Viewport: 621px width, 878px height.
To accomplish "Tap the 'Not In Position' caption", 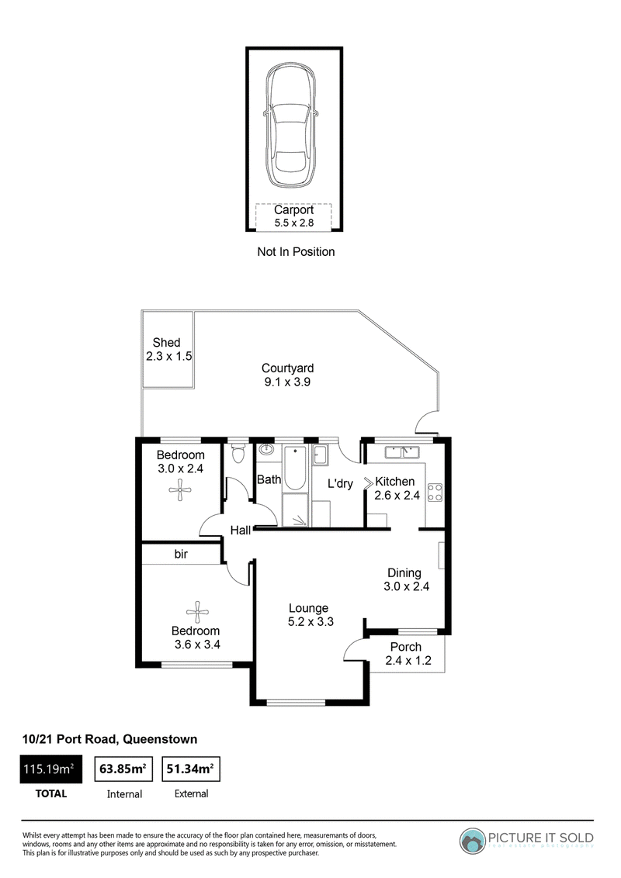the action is tap(296, 252).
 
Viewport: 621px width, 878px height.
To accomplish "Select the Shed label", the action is tap(166, 342).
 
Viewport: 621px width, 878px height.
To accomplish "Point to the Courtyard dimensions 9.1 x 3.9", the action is tap(287, 382).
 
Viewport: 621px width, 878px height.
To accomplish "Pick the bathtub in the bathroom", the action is tap(295, 468).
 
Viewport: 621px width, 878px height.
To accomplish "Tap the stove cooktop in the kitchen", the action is tap(435, 493).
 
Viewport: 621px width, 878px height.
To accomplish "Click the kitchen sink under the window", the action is tap(402, 451).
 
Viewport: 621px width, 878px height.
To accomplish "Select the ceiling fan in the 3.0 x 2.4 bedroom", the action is tap(180, 490).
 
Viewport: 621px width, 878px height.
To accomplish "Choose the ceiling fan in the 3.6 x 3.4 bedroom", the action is tap(197, 612).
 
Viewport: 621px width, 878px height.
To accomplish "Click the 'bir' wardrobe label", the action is tap(181, 554).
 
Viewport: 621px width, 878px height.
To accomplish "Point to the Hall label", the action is tap(241, 530).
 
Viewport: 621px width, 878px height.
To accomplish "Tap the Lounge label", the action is tap(309, 608).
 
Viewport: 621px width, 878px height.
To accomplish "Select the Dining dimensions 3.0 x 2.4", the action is tap(406, 586).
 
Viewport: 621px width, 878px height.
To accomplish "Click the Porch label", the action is tap(406, 647).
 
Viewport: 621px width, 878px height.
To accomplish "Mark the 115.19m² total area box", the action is tap(51, 769).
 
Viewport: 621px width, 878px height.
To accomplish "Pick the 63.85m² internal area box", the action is tap(123, 769).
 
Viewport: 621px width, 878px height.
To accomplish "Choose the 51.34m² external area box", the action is tap(190, 769).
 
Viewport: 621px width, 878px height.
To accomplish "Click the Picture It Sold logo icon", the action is tap(473, 841).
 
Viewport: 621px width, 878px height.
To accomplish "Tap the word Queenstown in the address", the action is tap(160, 739).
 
